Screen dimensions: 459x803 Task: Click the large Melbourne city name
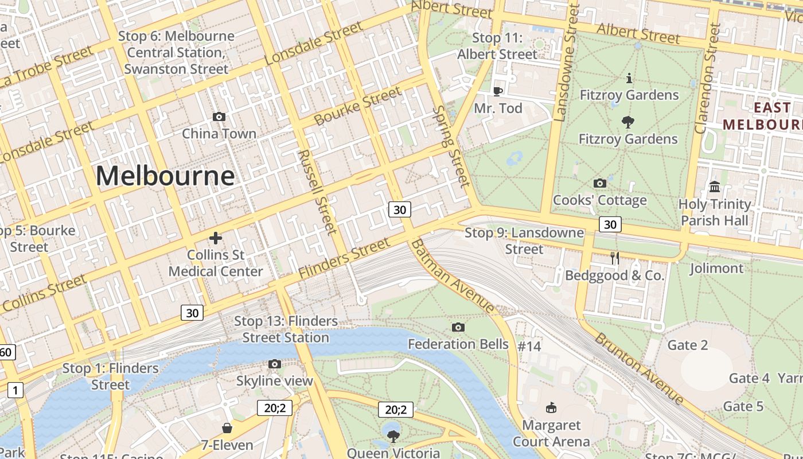[165, 176]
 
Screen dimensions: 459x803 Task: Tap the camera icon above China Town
[219, 117]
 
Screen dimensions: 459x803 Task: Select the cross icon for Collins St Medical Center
[216, 238]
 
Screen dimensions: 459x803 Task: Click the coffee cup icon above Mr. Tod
[498, 91]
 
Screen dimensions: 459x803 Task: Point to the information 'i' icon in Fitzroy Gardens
[629, 78]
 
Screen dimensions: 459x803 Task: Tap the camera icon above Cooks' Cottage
[600, 183]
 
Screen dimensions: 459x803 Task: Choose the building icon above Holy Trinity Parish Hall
[715, 186]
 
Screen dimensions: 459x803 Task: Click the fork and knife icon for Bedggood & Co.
[615, 258]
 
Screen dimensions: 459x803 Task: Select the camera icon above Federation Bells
[458, 327]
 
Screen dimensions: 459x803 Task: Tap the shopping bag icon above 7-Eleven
[227, 428]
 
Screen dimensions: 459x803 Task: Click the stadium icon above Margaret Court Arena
[551, 408]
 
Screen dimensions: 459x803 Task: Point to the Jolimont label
[716, 268]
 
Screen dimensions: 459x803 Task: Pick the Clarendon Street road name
[707, 78]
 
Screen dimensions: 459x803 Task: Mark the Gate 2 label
[688, 345]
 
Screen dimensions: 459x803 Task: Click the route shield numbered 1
[15, 391]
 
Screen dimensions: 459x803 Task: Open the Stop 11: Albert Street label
[497, 46]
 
